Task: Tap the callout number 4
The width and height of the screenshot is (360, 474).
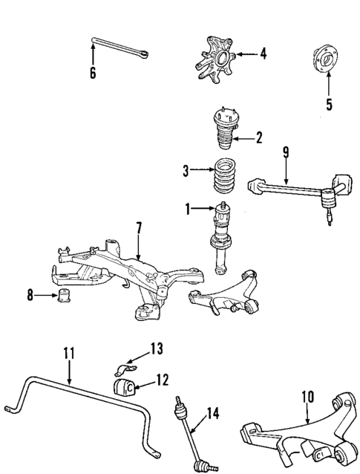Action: (264, 53)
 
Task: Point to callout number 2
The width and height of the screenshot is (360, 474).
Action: (259, 137)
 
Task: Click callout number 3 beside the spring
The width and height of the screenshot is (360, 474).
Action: (187, 172)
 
